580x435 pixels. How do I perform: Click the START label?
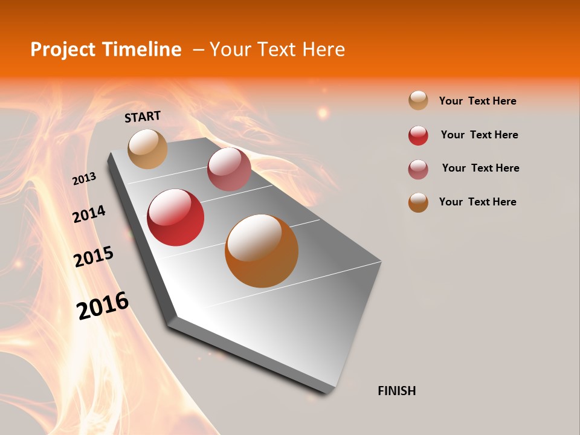(x=143, y=116)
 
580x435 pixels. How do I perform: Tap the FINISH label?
(x=397, y=391)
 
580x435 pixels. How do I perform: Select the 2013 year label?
(x=84, y=179)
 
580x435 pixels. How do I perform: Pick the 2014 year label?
(x=89, y=214)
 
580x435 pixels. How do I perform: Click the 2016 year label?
(x=103, y=306)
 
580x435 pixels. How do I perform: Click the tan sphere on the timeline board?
(x=147, y=149)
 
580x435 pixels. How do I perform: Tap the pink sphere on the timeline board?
(x=229, y=169)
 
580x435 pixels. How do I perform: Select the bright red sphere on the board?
(x=176, y=217)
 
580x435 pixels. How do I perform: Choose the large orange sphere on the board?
(x=262, y=251)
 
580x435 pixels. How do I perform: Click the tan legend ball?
(x=418, y=100)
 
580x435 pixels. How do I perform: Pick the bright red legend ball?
(x=418, y=135)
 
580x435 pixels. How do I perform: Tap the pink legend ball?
(x=418, y=169)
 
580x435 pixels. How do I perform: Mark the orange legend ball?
(x=418, y=202)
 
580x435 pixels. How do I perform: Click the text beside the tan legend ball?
(x=477, y=101)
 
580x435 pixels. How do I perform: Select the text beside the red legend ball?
(x=479, y=135)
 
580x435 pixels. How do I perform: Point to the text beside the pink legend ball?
(x=480, y=168)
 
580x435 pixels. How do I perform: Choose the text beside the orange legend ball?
(x=477, y=202)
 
